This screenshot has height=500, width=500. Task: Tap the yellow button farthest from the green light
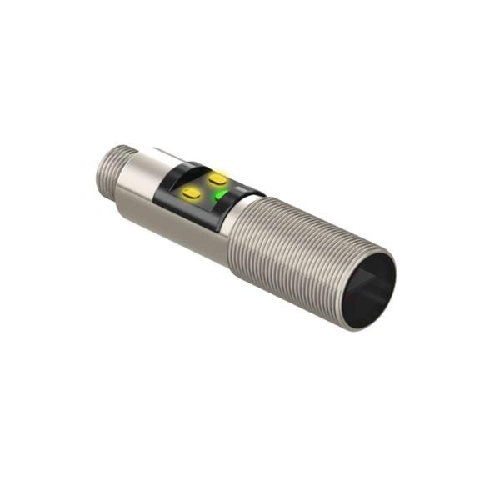(x=192, y=193)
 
